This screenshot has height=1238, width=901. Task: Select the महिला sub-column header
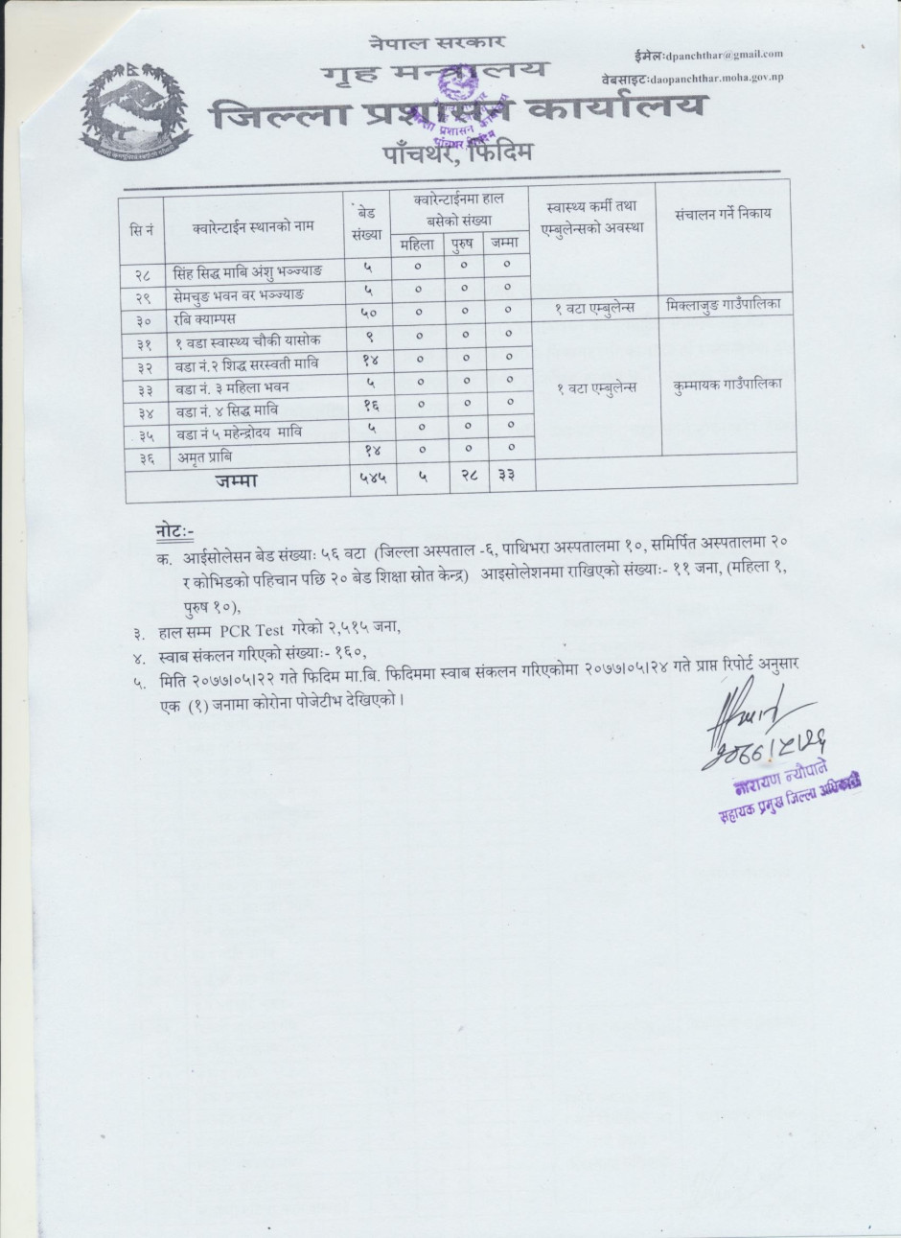[417, 245]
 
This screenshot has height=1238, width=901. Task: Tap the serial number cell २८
[144, 272]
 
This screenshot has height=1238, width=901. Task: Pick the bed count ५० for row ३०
[367, 315]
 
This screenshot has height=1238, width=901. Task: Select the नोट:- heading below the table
[175, 530]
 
